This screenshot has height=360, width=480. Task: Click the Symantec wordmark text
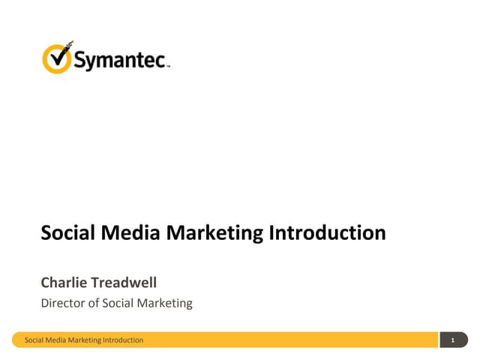tap(120, 61)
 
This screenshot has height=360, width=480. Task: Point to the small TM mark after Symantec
tap(169, 66)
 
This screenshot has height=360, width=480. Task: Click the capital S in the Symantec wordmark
tap(80, 60)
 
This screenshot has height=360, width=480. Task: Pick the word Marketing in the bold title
tap(214, 233)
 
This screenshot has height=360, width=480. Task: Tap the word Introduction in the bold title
tap(327, 232)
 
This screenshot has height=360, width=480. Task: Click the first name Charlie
tap(64, 283)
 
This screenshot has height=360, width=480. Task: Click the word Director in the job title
tap(62, 303)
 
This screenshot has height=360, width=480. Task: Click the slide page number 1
tap(453, 341)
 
